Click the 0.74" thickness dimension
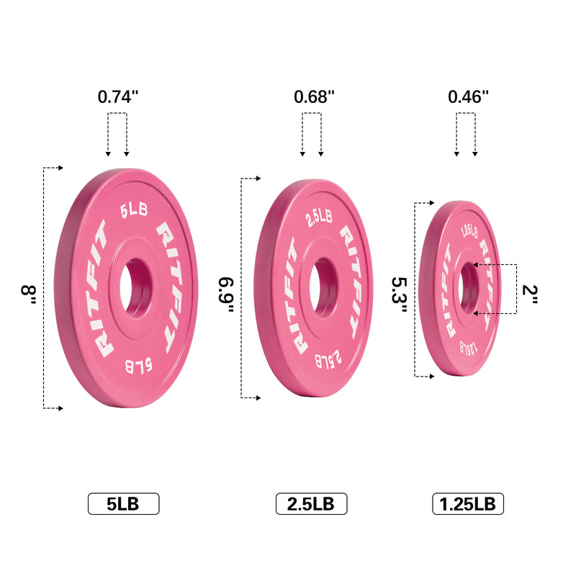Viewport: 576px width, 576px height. click(117, 96)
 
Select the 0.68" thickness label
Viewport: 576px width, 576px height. click(314, 96)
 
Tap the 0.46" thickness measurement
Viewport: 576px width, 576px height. click(468, 96)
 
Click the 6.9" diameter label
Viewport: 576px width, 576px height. click(226, 293)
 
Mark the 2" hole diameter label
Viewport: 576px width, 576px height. click(531, 293)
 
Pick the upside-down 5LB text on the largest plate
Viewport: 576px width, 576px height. click(138, 364)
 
